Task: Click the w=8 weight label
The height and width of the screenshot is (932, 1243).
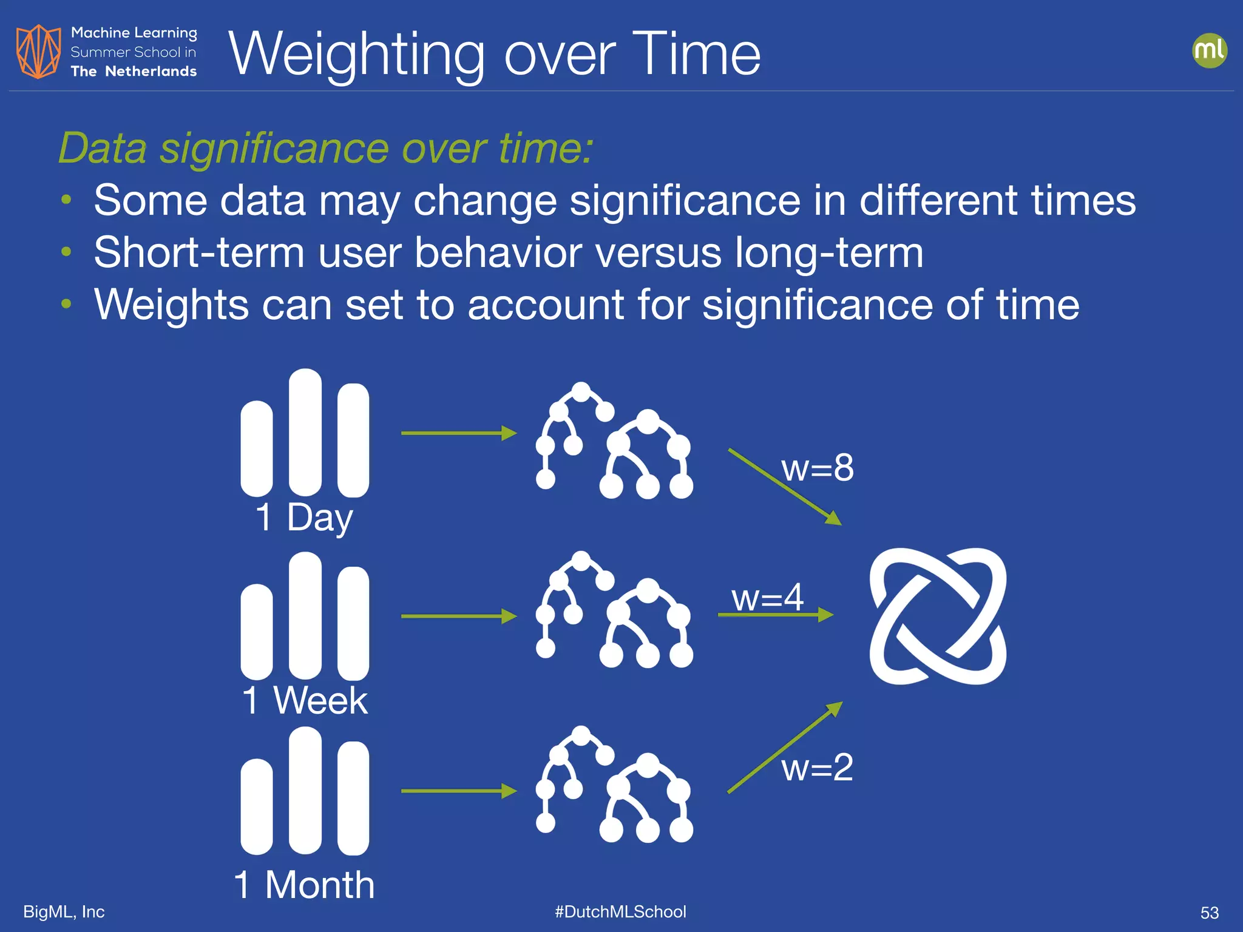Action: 817,468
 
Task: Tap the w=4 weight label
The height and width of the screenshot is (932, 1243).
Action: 767,598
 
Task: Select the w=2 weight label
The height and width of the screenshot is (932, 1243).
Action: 817,768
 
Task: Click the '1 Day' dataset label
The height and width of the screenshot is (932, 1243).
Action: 304,518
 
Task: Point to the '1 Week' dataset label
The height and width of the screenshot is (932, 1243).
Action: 305,701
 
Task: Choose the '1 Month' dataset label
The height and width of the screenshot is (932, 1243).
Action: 304,885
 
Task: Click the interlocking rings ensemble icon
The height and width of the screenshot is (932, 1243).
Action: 938,616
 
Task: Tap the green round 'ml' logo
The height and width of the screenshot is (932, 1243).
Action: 1209,50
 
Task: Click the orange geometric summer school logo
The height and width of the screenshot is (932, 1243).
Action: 38,52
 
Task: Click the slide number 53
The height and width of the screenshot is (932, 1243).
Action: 1209,913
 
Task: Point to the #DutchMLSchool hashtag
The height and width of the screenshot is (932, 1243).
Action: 620,911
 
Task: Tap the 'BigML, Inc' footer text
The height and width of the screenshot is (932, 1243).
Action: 64,911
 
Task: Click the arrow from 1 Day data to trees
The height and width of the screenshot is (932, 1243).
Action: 458,433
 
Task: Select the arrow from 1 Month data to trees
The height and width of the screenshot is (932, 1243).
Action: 458,791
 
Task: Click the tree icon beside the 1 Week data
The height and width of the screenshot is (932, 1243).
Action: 614,610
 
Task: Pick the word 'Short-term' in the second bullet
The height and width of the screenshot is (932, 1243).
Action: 198,252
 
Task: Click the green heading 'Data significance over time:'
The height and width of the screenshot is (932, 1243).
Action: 325,148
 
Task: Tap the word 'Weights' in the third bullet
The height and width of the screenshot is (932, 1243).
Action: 171,305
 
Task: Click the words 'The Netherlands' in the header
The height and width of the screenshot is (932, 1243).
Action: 134,72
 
